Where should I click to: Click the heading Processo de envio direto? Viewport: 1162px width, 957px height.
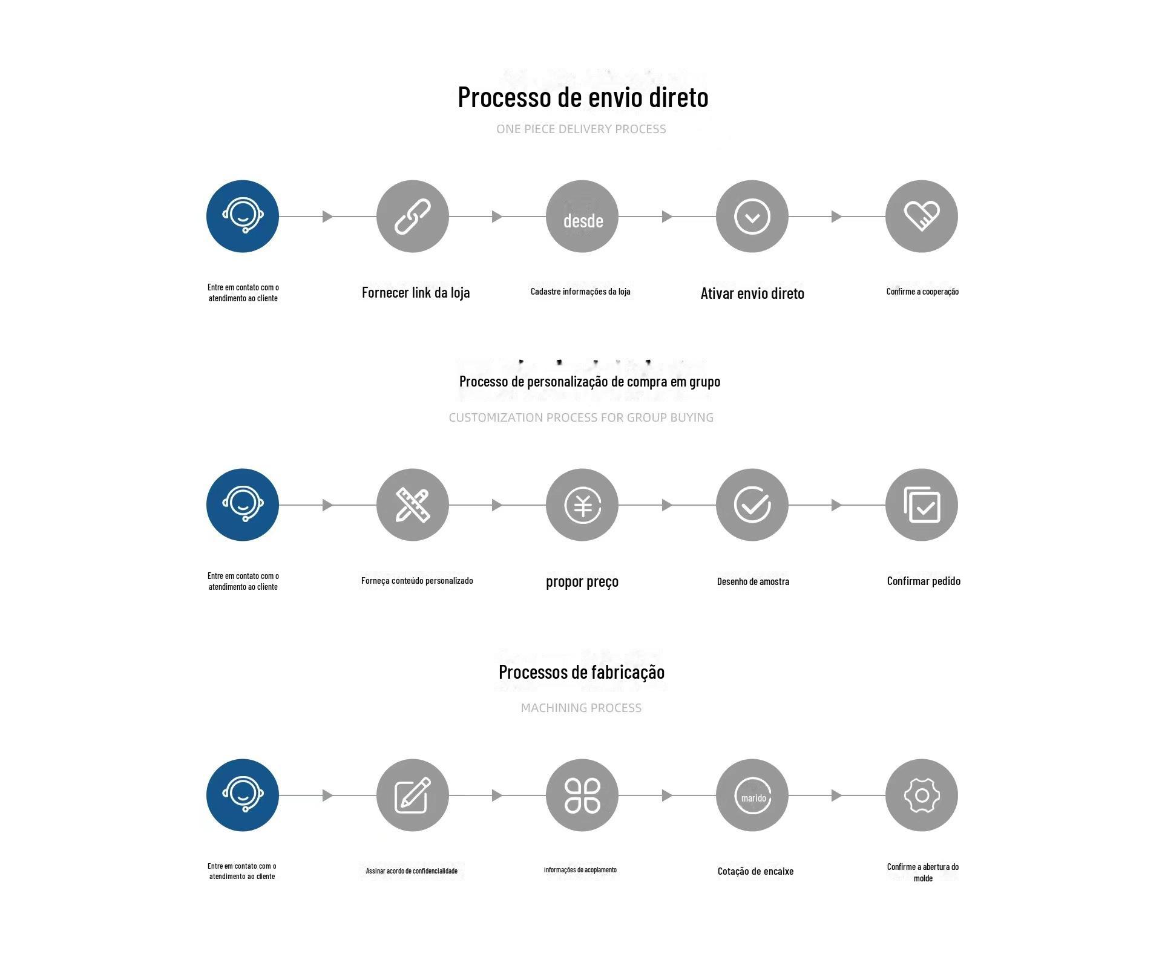[x=583, y=97]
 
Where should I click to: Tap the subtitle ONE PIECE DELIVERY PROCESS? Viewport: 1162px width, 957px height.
[x=581, y=129]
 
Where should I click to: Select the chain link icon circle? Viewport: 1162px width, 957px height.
[x=412, y=216]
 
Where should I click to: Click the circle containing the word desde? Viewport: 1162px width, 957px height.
[x=582, y=216]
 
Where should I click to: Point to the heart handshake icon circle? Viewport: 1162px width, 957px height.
[x=921, y=216]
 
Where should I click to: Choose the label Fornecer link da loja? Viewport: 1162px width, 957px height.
[x=416, y=293]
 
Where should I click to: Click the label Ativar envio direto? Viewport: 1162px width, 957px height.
[x=752, y=293]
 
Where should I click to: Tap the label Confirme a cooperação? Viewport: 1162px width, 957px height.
[x=922, y=292]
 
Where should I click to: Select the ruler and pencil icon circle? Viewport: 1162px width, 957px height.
[x=412, y=505]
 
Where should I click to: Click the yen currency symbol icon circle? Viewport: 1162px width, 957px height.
[x=582, y=505]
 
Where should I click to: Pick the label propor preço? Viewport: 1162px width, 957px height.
[x=582, y=581]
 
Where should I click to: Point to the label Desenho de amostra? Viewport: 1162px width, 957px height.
[x=753, y=581]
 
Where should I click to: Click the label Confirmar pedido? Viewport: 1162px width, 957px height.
[x=924, y=581]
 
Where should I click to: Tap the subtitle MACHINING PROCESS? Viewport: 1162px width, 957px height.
[x=581, y=708]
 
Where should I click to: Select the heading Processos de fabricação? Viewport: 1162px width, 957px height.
[x=582, y=672]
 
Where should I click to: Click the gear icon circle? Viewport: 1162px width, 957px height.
[x=921, y=795]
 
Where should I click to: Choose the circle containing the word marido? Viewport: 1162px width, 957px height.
[x=752, y=795]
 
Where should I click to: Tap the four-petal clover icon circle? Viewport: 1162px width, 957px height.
[x=582, y=795]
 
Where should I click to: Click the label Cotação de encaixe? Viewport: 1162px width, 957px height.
[x=755, y=871]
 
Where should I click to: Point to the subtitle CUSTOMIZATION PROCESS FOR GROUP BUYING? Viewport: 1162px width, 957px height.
[x=581, y=417]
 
